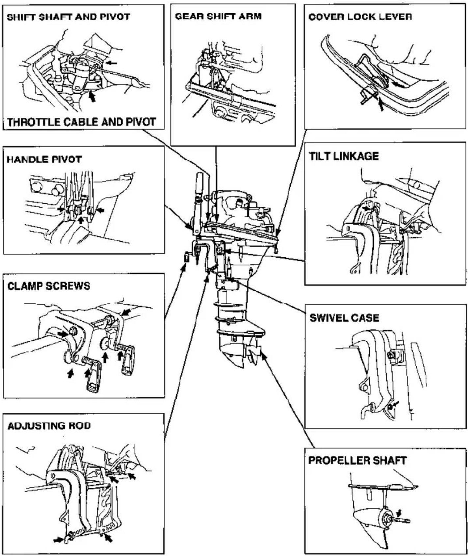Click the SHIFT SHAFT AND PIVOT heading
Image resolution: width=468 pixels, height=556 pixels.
coord(69,17)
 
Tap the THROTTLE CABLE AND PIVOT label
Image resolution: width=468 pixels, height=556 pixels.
coord(81,122)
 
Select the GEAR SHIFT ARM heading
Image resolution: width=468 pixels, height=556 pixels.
coord(218,16)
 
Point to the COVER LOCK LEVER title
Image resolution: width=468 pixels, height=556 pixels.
coord(360,17)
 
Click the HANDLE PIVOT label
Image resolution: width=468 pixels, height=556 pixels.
coord(44,160)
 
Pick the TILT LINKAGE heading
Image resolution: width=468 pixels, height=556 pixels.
coord(344,156)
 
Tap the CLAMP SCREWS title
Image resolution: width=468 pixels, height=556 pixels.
coord(48,286)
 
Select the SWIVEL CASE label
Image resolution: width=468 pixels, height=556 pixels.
coord(344,318)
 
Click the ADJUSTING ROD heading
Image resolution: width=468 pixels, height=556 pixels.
coord(49,426)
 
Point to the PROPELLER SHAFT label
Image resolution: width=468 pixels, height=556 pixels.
coord(357,460)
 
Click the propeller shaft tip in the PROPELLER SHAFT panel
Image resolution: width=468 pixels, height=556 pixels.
coord(408,521)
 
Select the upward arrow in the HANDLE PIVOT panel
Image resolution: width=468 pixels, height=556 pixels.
coord(80,219)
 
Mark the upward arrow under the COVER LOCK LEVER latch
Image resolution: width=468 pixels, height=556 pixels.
coord(381,104)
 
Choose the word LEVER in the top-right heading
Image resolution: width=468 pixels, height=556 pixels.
coord(398,17)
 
